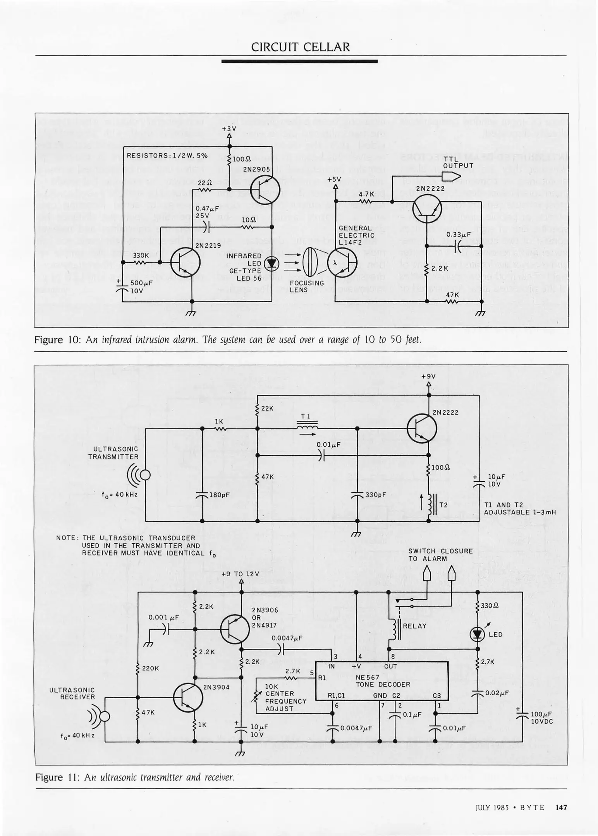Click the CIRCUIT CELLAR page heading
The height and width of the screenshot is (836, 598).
[300, 47]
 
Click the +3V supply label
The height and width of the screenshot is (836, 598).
[229, 128]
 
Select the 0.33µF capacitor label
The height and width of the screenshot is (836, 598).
[458, 235]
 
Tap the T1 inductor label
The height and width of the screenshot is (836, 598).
[306, 416]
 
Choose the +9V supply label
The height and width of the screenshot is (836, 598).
[429, 376]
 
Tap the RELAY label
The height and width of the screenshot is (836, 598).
[414, 626]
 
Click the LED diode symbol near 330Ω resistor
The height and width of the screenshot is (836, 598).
[477, 634]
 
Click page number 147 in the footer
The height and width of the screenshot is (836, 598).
[561, 807]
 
